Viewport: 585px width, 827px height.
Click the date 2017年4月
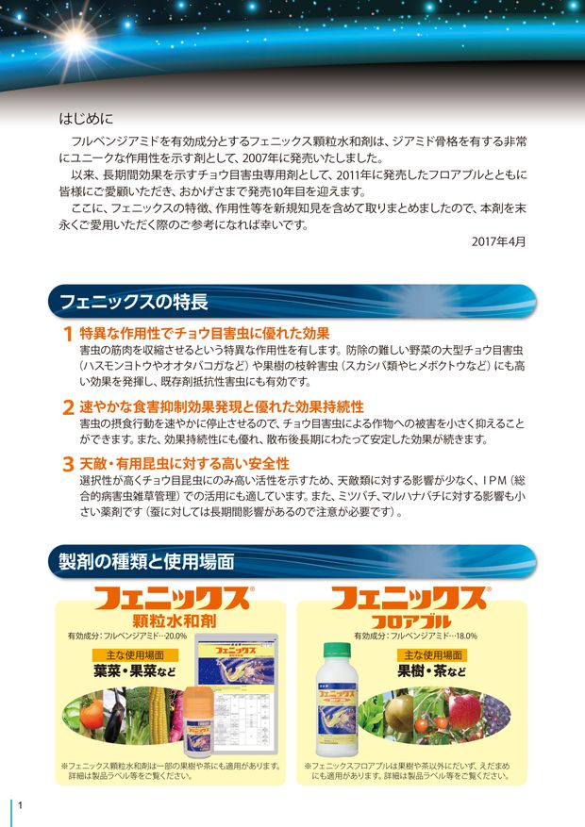498,241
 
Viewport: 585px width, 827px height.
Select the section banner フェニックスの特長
133,303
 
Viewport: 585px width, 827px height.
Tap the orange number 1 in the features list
67,335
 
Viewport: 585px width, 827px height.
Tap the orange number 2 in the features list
67,407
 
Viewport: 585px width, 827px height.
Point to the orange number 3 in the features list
67,464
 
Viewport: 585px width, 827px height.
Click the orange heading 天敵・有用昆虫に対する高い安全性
184,463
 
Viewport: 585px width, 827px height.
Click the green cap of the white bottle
335,650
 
